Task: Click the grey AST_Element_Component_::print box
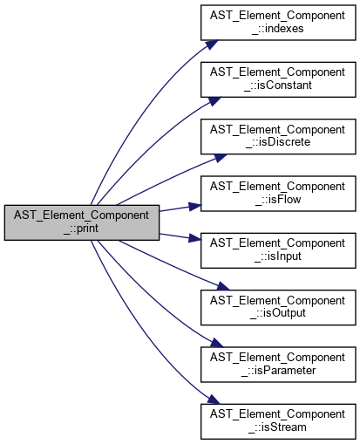coord(82,222)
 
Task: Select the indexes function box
coord(278,23)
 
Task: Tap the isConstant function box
coord(278,79)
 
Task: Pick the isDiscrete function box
coord(278,136)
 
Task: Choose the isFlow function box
coord(278,194)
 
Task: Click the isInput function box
coord(278,250)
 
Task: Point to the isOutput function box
coord(278,307)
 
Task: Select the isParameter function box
coord(278,365)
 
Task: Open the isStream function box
coord(278,421)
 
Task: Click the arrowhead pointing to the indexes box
coord(211,44)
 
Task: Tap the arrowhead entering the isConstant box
coord(214,101)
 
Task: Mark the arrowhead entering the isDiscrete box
coord(221,158)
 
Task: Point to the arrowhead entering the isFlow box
coord(195,206)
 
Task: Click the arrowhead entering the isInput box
coord(195,238)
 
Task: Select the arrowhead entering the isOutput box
coord(223,286)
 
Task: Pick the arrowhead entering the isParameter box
coord(217,343)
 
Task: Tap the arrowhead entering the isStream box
coord(214,400)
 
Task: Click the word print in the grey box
coord(88,229)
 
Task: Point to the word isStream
coord(284,427)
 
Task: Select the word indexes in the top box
coord(284,29)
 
